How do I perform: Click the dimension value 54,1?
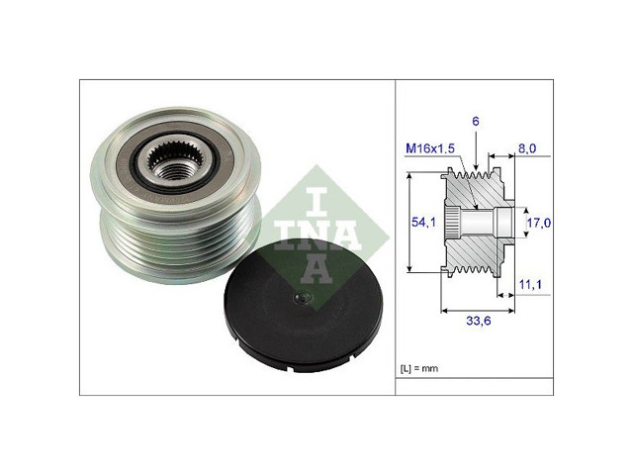point(424,222)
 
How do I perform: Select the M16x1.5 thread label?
point(430,148)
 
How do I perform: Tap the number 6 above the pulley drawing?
point(476,121)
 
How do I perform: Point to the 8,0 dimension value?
point(527,148)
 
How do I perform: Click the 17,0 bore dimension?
point(539,223)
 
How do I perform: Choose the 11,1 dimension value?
point(530,285)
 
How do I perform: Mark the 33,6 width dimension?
point(479,321)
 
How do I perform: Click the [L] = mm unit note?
point(419,368)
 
